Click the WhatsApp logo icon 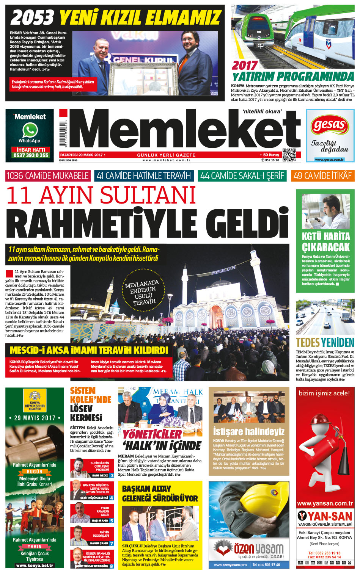pos(30,130)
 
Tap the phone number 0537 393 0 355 pos(31,155)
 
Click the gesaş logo pos(330,125)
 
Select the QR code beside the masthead pos(289,155)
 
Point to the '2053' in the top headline pos(32,17)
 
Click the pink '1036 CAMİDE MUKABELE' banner pos(48,176)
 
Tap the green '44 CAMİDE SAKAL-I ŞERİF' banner pos(242,176)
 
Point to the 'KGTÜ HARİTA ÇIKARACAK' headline pos(325,241)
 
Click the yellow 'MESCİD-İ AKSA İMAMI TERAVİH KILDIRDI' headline pos(89,349)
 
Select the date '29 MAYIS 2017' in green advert pos(35,418)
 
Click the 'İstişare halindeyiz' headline pos(248,431)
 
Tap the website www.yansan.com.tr pos(325,503)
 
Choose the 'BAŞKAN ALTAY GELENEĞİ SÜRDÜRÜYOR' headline pos(160,493)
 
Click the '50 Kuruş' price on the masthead pos(271,155)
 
